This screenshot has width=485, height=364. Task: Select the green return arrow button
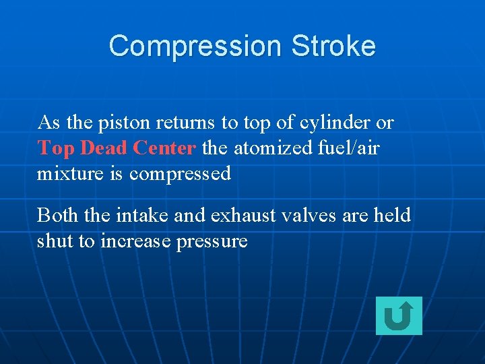coord(399,315)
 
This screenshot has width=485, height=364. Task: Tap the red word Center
coord(164,148)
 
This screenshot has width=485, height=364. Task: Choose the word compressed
coord(180,175)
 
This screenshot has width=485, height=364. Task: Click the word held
coord(392,215)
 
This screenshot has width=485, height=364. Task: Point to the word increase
coord(135,241)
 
